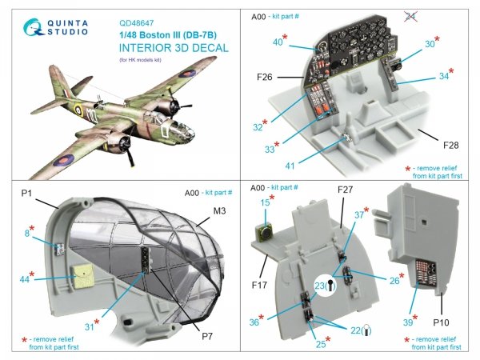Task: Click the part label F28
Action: (453, 145)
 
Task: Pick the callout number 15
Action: (264, 202)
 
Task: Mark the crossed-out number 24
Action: (458, 15)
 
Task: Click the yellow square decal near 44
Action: (80, 278)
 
